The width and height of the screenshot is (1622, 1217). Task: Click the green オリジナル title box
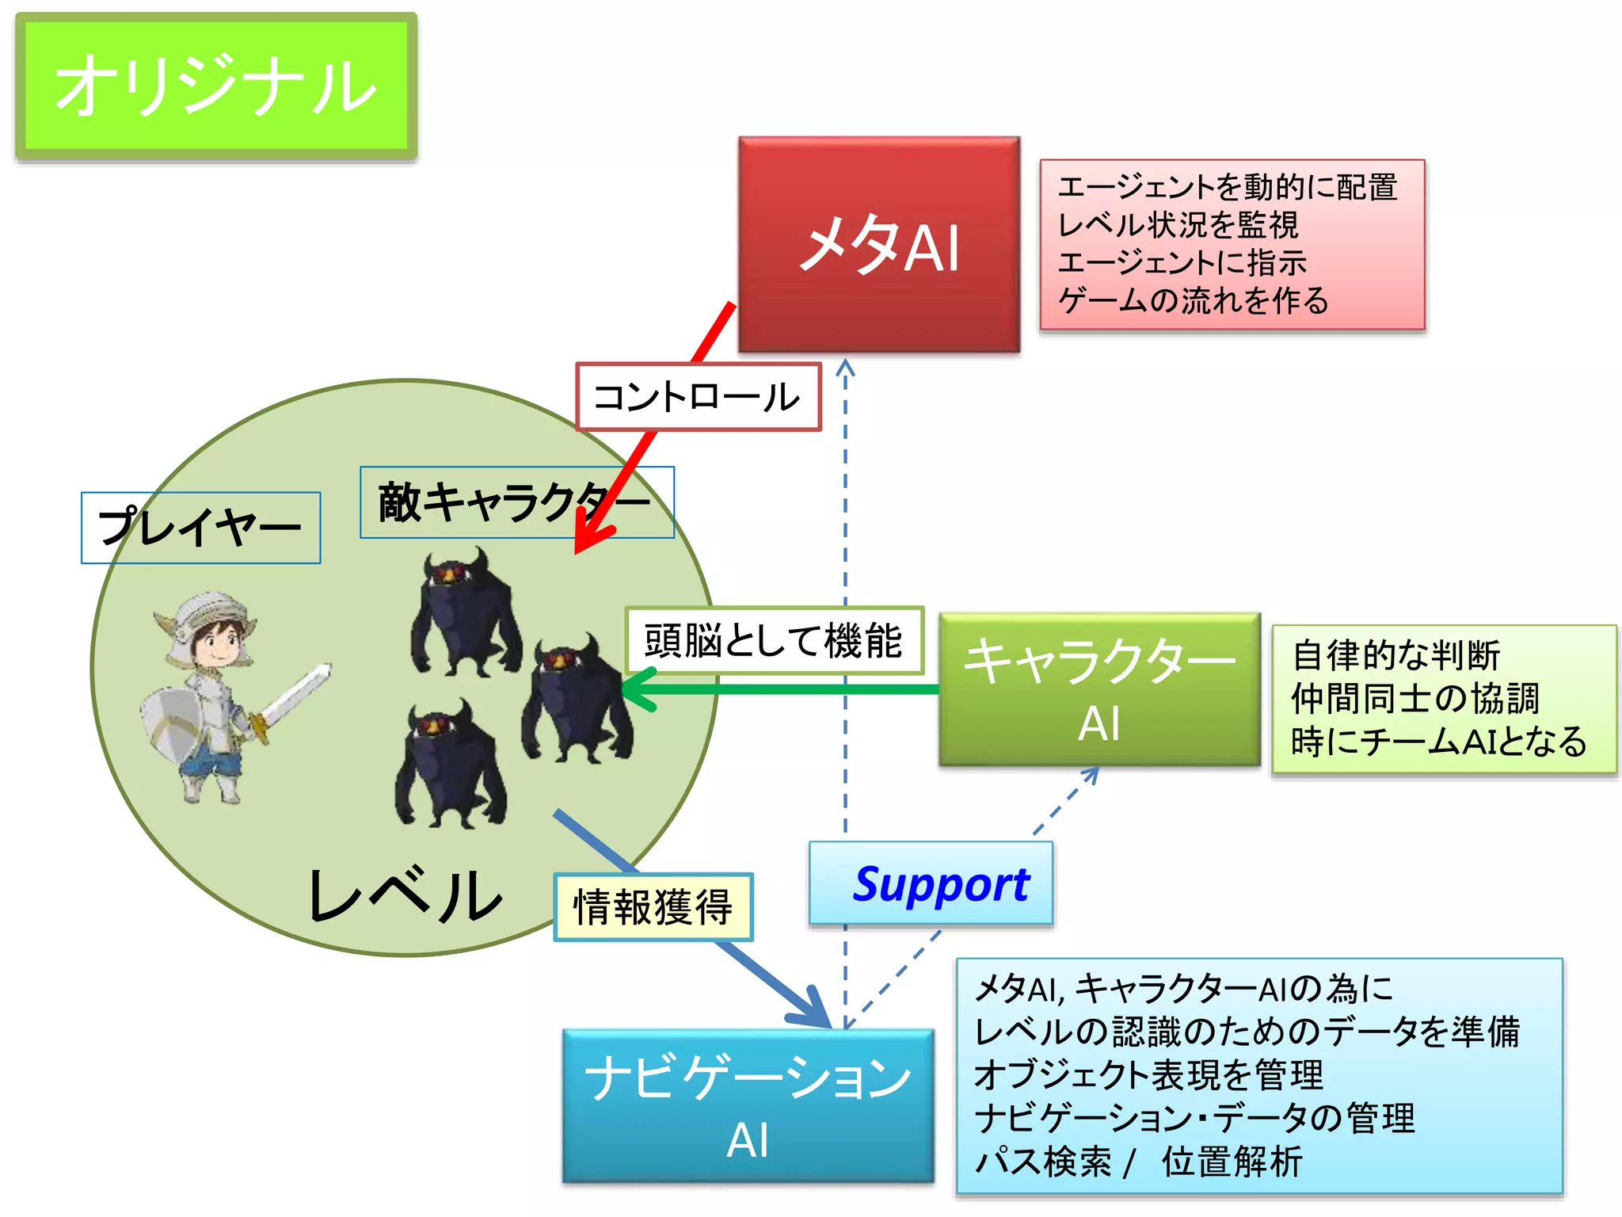click(x=215, y=86)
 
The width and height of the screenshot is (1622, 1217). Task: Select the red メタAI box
click(x=879, y=244)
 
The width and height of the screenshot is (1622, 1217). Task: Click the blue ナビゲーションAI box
click(x=748, y=1106)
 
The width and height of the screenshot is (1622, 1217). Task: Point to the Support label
click(x=931, y=884)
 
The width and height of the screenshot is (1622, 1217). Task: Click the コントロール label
click(x=698, y=397)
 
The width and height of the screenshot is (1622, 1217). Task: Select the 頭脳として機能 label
click(x=774, y=641)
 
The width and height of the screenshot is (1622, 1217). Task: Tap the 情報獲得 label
click(x=653, y=907)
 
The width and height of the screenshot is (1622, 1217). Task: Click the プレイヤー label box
click(x=200, y=528)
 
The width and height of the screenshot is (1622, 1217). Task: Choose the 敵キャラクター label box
click(x=516, y=502)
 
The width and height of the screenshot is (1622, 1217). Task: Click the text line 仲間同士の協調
click(x=1414, y=698)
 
